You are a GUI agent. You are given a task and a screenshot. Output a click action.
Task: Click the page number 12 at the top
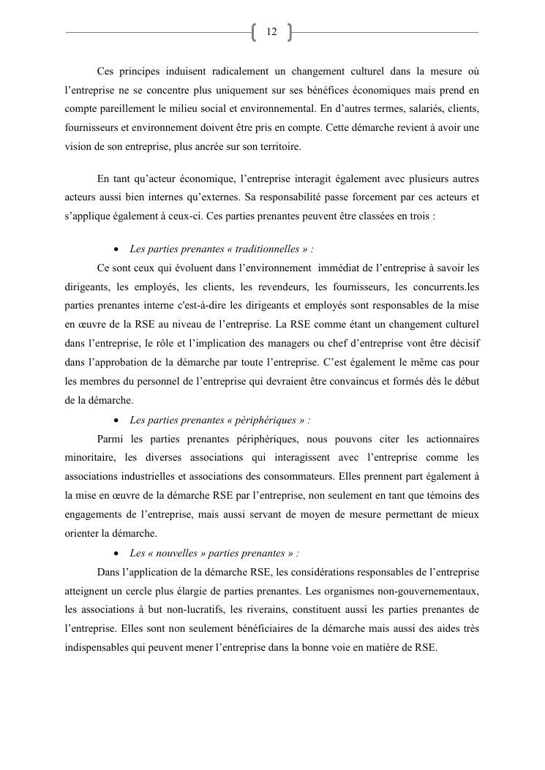[271, 32]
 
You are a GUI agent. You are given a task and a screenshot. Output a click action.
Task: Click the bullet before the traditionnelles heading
[118, 249]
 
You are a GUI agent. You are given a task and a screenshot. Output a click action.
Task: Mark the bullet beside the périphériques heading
[118, 420]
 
